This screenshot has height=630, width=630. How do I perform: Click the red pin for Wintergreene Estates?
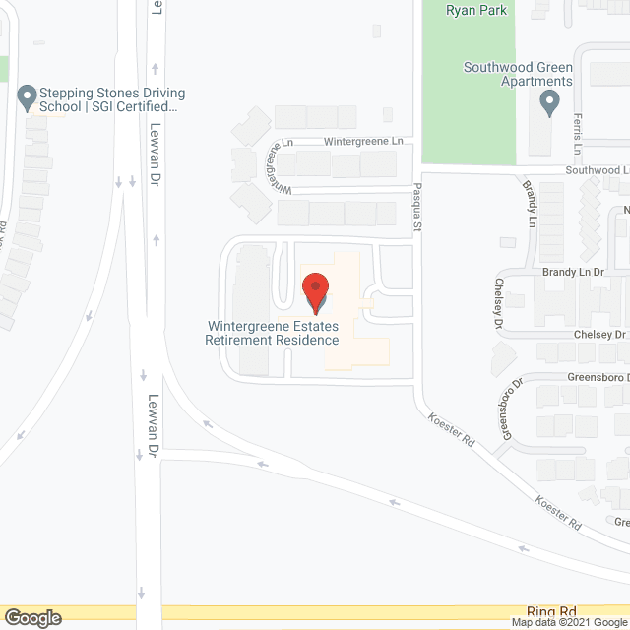pyautogui.click(x=316, y=290)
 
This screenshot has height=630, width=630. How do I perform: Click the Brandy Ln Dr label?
pyautogui.click(x=572, y=271)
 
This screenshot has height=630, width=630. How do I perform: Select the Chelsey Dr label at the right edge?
pyautogui.click(x=600, y=335)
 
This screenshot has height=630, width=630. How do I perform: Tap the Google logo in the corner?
pyautogui.click(x=32, y=617)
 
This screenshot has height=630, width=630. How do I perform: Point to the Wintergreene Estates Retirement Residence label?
pyautogui.click(x=272, y=333)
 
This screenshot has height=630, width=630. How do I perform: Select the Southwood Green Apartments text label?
pyautogui.click(x=519, y=74)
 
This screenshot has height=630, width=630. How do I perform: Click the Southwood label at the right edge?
pyautogui.click(x=597, y=169)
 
